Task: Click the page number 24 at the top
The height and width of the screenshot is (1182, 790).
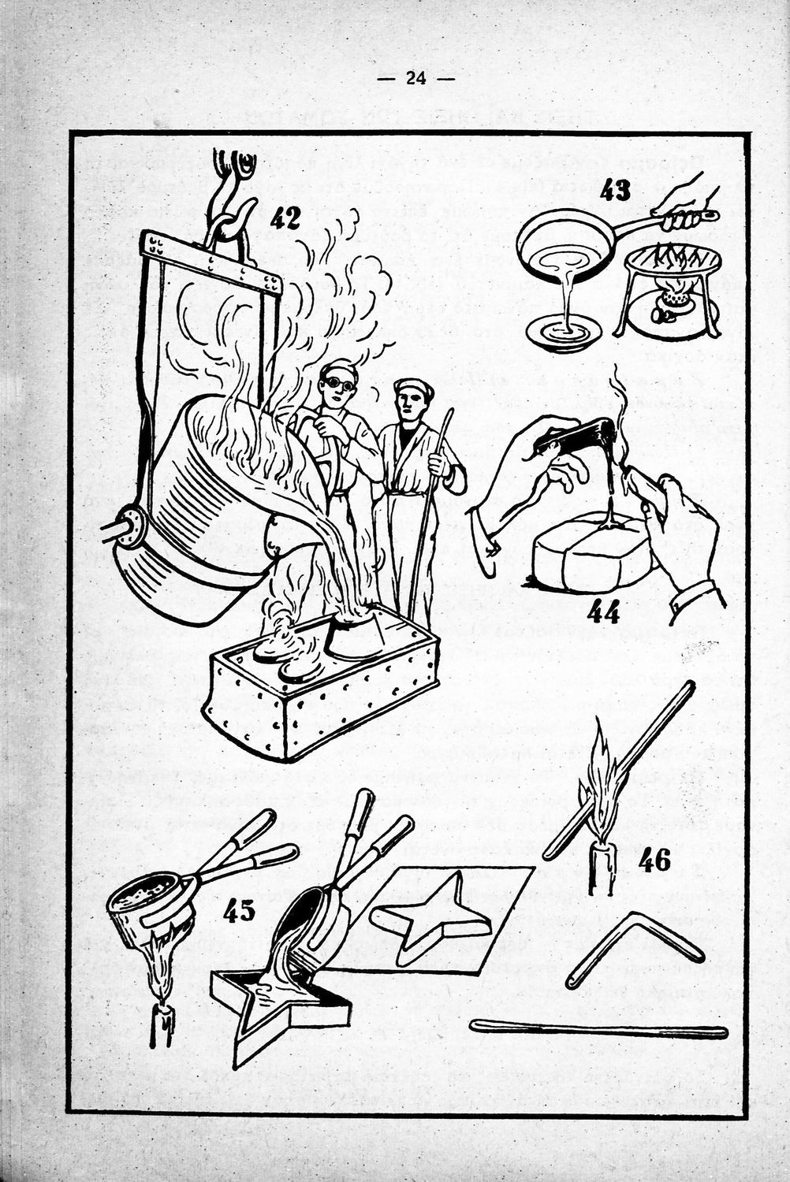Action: pos(416,78)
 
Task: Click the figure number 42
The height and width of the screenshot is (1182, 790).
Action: pos(285,217)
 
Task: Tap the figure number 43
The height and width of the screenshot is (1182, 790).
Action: pos(615,190)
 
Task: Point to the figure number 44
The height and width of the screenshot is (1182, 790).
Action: pos(602,612)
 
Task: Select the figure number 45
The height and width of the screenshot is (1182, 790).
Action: pos(239,911)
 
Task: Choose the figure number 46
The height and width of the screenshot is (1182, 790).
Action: pos(654,860)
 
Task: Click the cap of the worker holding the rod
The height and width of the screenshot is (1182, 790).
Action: pos(412,388)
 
